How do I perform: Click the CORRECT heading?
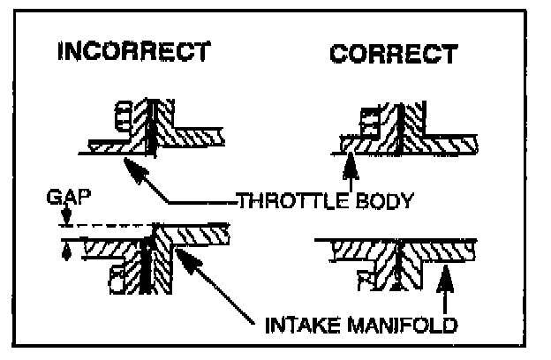[x=394, y=54]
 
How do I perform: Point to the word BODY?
[x=381, y=202]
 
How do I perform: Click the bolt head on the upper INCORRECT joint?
[x=125, y=115]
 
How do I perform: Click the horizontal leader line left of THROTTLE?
[x=221, y=203]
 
